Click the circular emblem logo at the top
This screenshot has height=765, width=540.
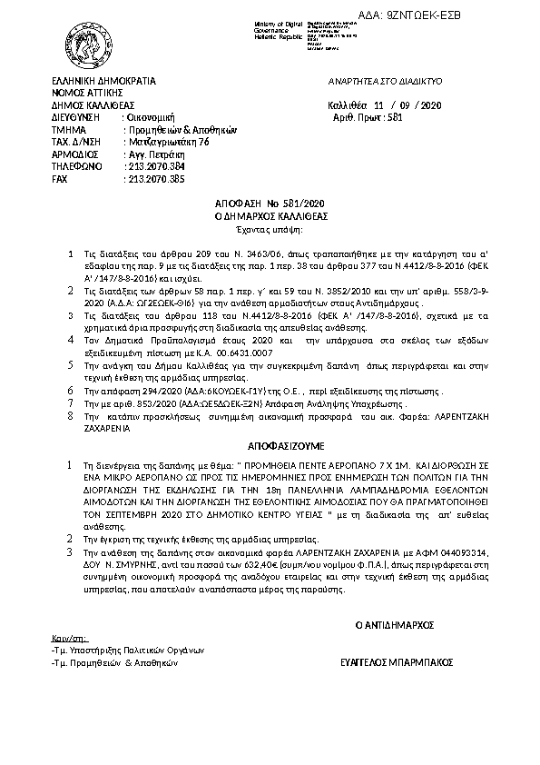coord(89,39)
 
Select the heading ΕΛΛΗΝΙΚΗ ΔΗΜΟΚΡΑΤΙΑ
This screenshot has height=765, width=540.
coord(103,81)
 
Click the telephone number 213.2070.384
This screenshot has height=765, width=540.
coord(154,167)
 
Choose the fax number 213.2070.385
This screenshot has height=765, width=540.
coord(154,180)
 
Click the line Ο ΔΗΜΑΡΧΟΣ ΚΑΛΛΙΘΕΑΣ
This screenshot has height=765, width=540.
coord(270,219)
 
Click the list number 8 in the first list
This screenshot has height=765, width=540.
coord(71,414)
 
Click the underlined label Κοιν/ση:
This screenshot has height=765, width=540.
coord(68,639)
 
